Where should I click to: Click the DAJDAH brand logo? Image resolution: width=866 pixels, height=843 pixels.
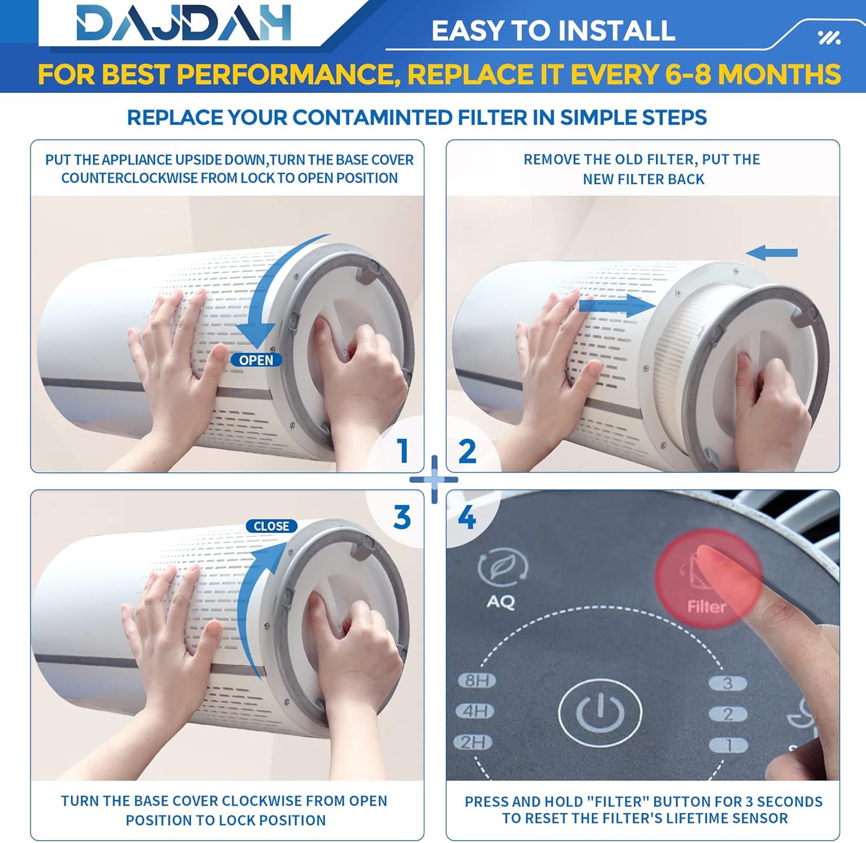184,24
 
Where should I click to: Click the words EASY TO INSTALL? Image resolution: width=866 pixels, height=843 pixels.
553,31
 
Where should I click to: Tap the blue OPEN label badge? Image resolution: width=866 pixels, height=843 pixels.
256,360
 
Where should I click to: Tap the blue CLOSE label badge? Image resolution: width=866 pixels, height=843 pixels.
271,526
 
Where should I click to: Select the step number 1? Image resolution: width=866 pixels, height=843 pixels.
403,451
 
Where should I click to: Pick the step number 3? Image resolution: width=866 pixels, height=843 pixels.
402,517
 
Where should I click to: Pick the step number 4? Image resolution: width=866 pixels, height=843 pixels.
466,517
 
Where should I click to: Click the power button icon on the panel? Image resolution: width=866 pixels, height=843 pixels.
600,713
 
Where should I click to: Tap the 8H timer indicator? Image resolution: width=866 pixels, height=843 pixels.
477,680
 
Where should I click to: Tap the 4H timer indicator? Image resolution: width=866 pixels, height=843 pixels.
475,711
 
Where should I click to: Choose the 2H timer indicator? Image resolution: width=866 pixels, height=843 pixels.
473,741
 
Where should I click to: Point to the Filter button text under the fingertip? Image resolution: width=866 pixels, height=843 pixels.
706,606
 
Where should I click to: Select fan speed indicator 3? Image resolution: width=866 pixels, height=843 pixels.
727,683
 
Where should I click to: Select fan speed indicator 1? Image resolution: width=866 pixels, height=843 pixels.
729,745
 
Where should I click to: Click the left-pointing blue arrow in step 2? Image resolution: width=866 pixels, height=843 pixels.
771,252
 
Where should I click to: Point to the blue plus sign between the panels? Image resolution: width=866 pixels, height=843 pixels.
434,479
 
